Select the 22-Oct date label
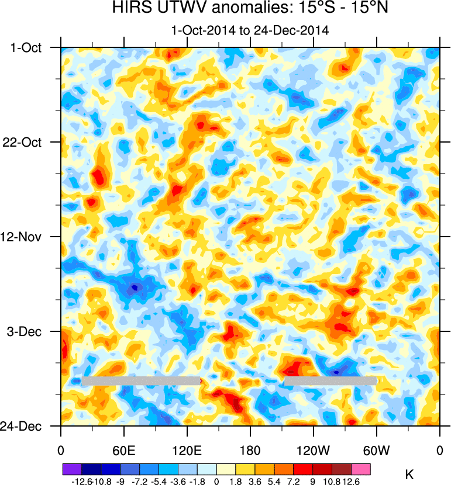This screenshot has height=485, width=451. click(x=27, y=142)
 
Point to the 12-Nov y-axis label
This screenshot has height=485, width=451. click(x=27, y=237)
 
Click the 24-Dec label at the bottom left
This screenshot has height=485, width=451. click(x=27, y=426)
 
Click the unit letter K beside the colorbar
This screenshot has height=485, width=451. click(x=409, y=475)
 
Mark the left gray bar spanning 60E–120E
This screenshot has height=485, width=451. click(x=140, y=381)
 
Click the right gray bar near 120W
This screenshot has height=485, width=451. click(x=330, y=381)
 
